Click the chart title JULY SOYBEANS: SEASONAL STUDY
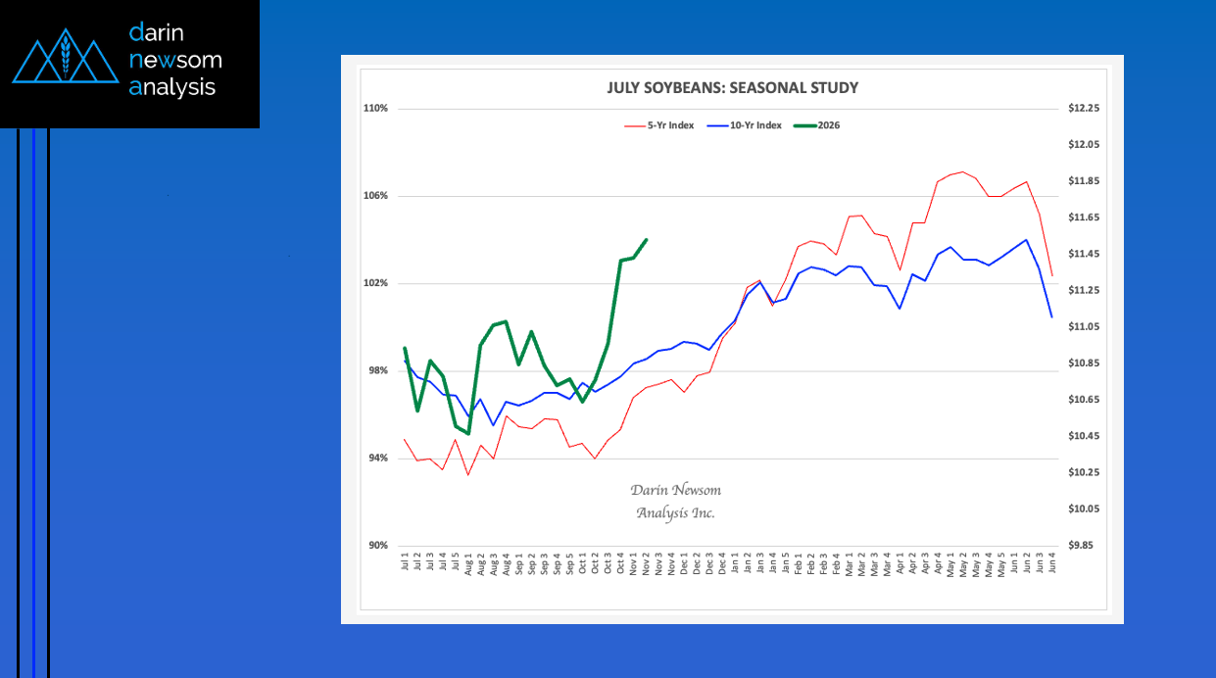coord(733,88)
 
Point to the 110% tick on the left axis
coord(376,108)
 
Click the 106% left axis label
coord(376,196)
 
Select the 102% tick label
coord(376,283)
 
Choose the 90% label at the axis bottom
coord(378,546)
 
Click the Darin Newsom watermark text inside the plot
coord(675,501)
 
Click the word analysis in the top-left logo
coord(172,87)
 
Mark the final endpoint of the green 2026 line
coord(647,239)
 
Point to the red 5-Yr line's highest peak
coord(963,172)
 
